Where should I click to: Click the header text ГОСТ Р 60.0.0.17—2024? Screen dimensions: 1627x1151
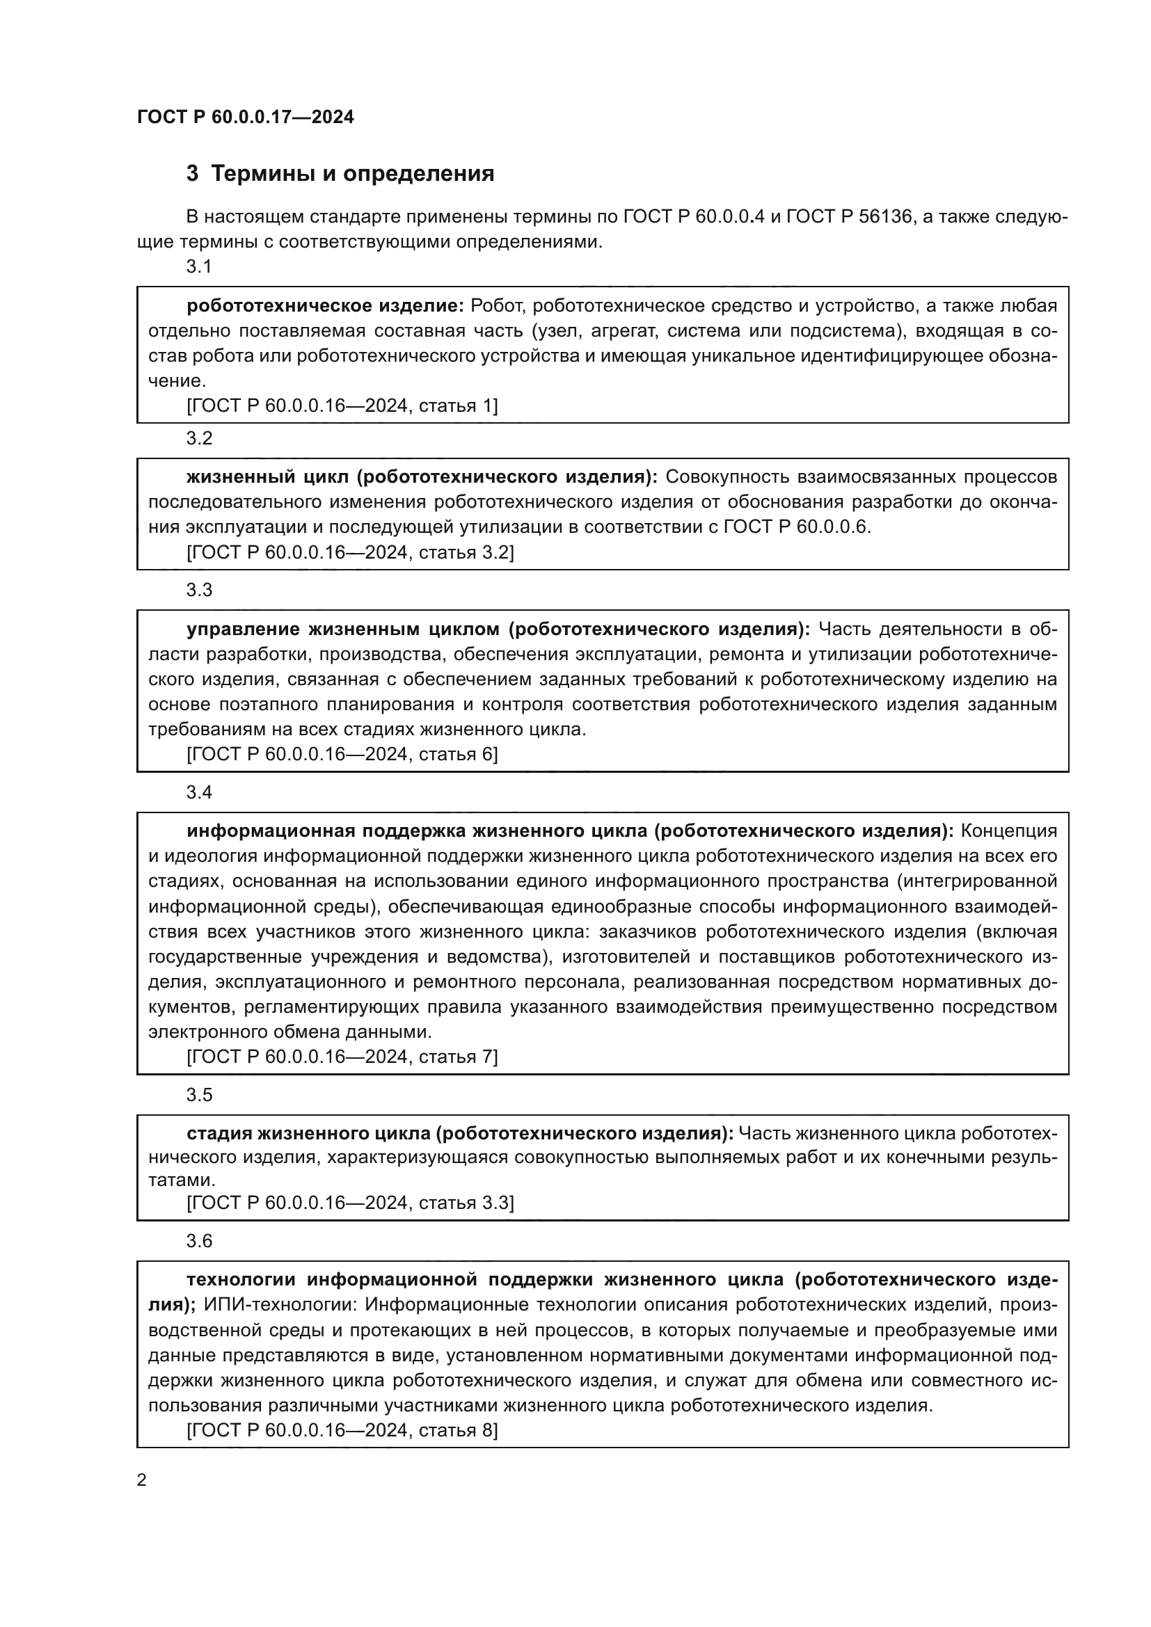(245, 117)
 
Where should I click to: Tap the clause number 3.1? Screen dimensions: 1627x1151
(198, 266)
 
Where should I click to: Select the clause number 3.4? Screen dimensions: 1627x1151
(198, 792)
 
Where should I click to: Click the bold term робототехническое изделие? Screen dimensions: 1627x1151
(324, 306)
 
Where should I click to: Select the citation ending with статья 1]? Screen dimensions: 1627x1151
(342, 406)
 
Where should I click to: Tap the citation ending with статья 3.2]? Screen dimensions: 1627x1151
(350, 553)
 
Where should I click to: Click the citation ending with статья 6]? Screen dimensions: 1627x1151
(342, 754)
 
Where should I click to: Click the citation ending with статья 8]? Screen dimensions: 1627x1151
(342, 1430)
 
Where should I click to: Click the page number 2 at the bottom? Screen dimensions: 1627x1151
(142, 1480)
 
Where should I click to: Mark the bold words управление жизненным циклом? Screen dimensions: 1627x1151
(343, 630)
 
